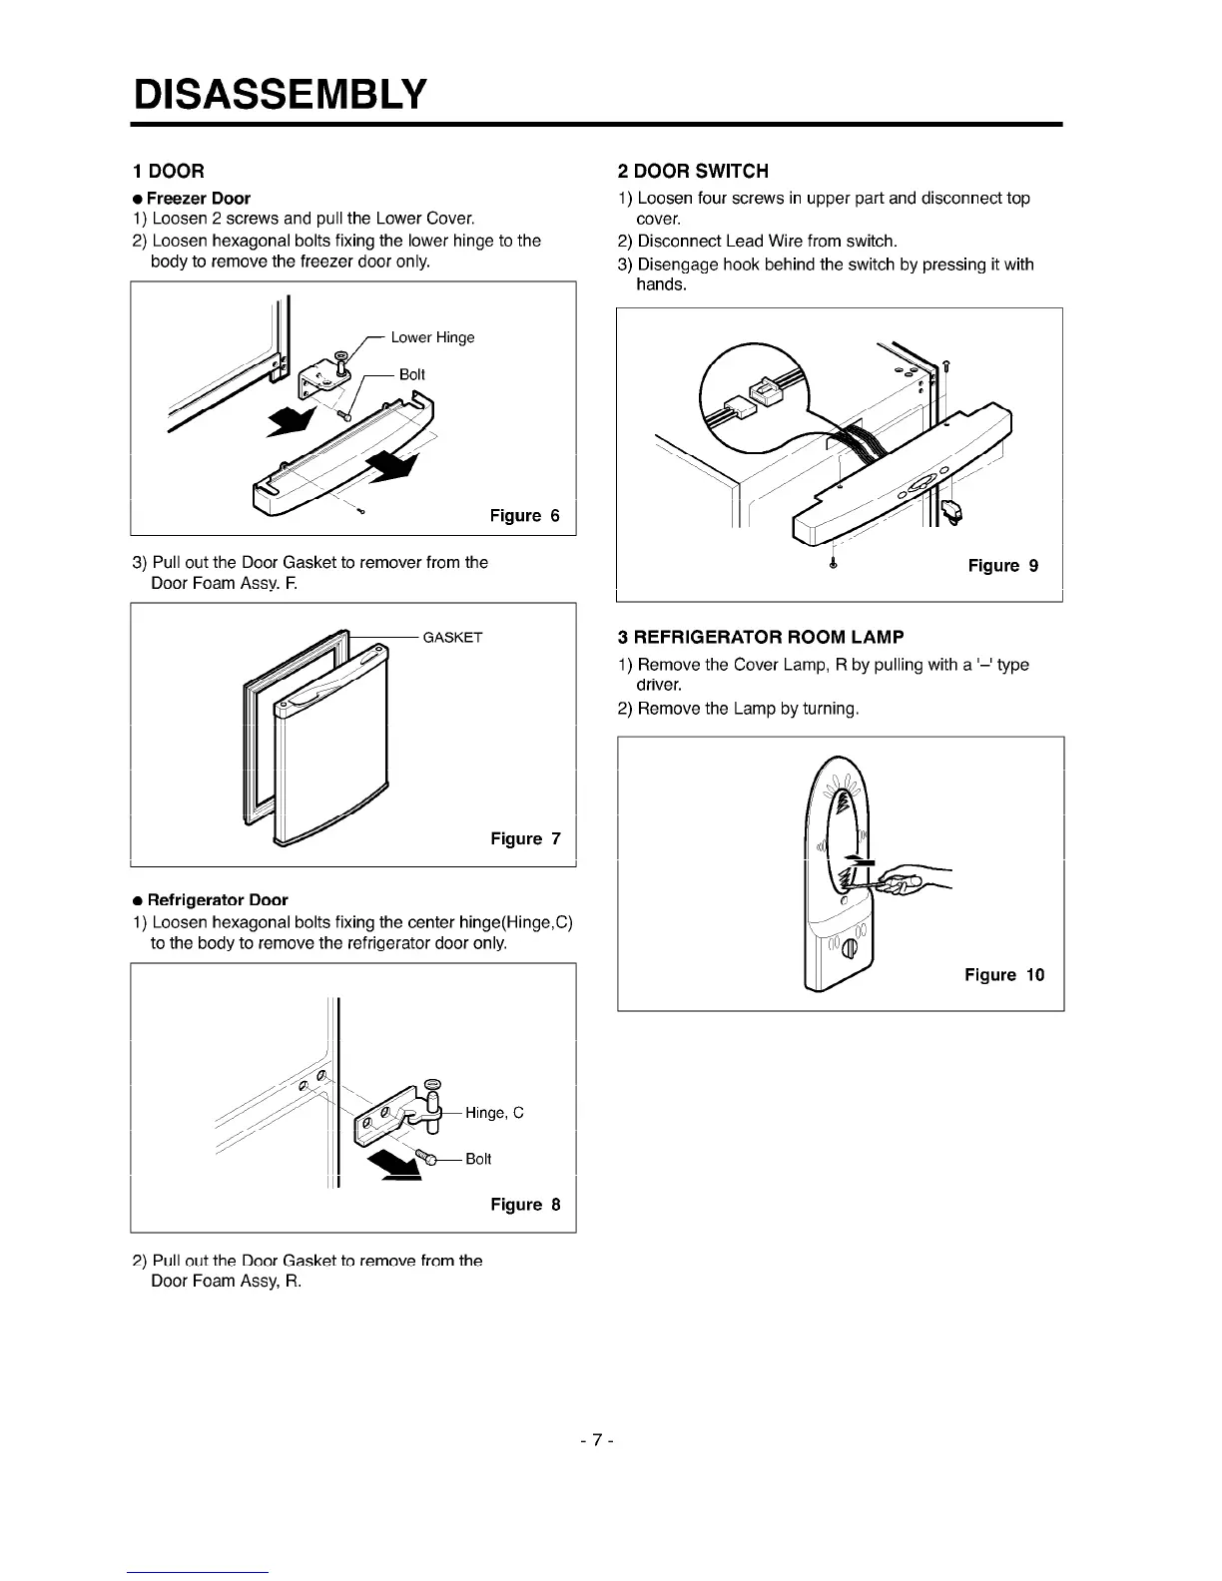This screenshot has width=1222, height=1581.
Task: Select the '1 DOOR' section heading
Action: pos(170,171)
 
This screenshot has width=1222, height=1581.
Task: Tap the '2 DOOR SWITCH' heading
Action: pos(693,171)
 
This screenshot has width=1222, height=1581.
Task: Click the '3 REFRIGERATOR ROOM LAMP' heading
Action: pos(760,637)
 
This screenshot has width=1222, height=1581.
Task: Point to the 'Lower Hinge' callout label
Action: pos(432,337)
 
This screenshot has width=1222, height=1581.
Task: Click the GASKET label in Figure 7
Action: pos(452,638)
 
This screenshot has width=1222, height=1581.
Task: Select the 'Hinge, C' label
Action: pos(494,1113)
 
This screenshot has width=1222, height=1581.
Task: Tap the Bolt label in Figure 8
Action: pos(478,1159)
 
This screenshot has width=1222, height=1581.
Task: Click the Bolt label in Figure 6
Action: pos(411,374)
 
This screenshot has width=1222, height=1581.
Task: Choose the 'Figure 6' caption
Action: pos(524,516)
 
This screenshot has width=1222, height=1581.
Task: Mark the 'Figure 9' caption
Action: pos(1002,566)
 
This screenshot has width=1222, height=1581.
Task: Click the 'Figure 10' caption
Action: pos(1003,975)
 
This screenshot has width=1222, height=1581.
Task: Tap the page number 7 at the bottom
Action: pos(596,1440)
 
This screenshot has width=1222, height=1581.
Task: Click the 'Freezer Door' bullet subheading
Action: pos(198,198)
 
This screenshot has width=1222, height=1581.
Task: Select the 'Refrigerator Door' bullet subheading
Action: pos(217,899)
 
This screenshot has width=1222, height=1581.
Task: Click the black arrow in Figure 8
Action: pos(392,1166)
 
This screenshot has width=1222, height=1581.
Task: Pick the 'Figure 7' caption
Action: pos(525,839)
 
